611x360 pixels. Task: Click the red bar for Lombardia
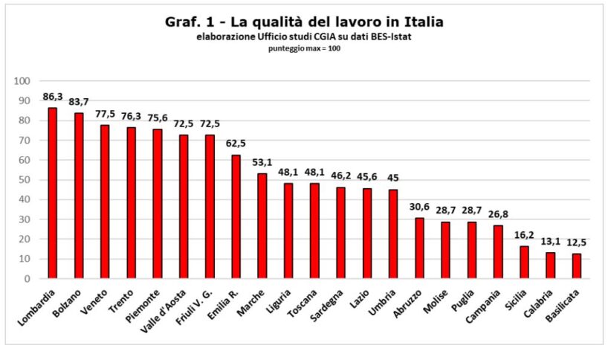pyautogui.click(x=53, y=193)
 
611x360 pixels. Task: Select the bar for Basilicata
pyautogui.click(x=576, y=266)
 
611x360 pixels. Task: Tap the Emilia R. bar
pyautogui.click(x=236, y=216)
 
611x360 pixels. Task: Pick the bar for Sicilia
pyautogui.click(x=524, y=263)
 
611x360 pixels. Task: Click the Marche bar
pyautogui.click(x=262, y=226)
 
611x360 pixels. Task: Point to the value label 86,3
pyautogui.click(x=53, y=97)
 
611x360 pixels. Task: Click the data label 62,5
pyautogui.click(x=236, y=144)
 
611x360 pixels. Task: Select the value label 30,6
pyautogui.click(x=419, y=207)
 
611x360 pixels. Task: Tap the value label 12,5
pyautogui.click(x=576, y=242)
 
